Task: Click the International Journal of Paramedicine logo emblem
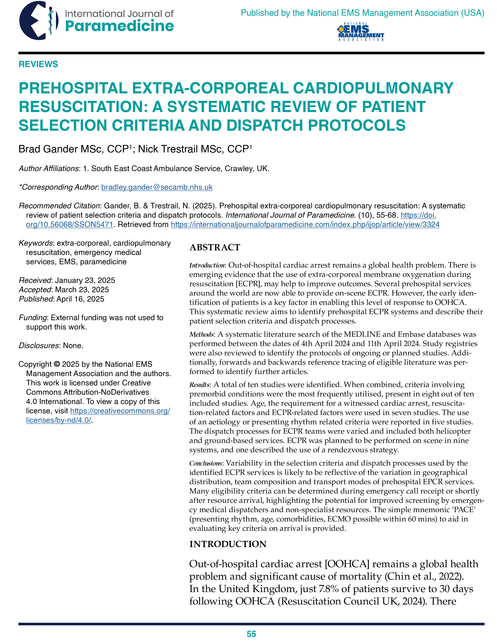coord(39,21)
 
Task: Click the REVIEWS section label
coord(38,64)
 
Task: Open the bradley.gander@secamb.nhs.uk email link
coord(157,187)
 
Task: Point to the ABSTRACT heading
coord(215,247)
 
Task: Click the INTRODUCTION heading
coord(228,544)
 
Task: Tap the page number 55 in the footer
coord(251,634)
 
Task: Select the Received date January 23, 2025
coord(85,280)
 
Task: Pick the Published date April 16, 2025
coord(80,299)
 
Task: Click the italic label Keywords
coord(36,243)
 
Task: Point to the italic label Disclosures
coord(39,346)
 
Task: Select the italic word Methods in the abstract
coord(202,334)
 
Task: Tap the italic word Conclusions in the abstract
coord(205,463)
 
